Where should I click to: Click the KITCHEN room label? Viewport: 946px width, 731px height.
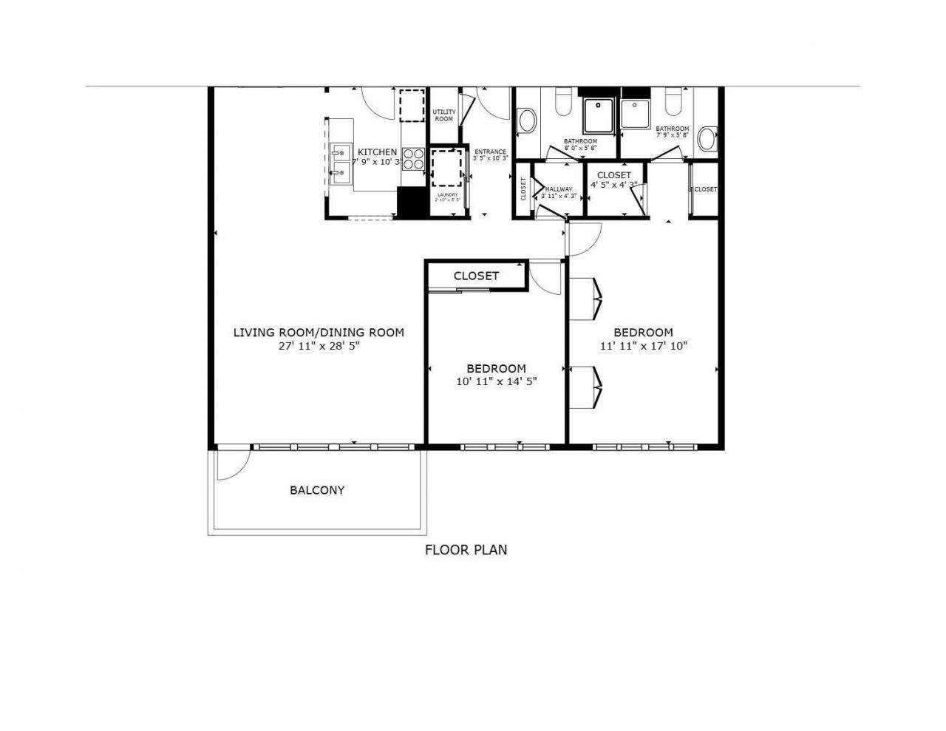(x=377, y=152)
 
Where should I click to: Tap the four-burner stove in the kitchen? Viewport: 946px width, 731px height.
(x=413, y=160)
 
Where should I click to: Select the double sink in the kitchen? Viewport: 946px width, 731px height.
(x=340, y=165)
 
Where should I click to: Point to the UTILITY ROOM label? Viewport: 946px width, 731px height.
(x=443, y=115)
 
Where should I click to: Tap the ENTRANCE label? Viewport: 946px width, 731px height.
(x=490, y=152)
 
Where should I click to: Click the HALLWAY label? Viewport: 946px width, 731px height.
(x=559, y=189)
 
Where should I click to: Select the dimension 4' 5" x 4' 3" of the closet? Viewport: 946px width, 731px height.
(x=613, y=185)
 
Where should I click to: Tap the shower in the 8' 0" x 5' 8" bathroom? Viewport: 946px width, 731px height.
(x=599, y=115)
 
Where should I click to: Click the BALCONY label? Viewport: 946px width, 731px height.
(x=317, y=490)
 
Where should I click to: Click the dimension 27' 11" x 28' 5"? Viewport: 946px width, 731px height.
(x=319, y=345)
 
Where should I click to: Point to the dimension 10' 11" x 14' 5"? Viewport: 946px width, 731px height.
(x=496, y=381)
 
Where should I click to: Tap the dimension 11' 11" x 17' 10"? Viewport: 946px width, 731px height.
(x=643, y=345)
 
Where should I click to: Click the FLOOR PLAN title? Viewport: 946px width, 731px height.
(x=466, y=550)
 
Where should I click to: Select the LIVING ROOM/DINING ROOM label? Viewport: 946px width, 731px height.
(x=319, y=333)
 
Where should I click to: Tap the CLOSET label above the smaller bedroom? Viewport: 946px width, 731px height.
(x=476, y=276)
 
